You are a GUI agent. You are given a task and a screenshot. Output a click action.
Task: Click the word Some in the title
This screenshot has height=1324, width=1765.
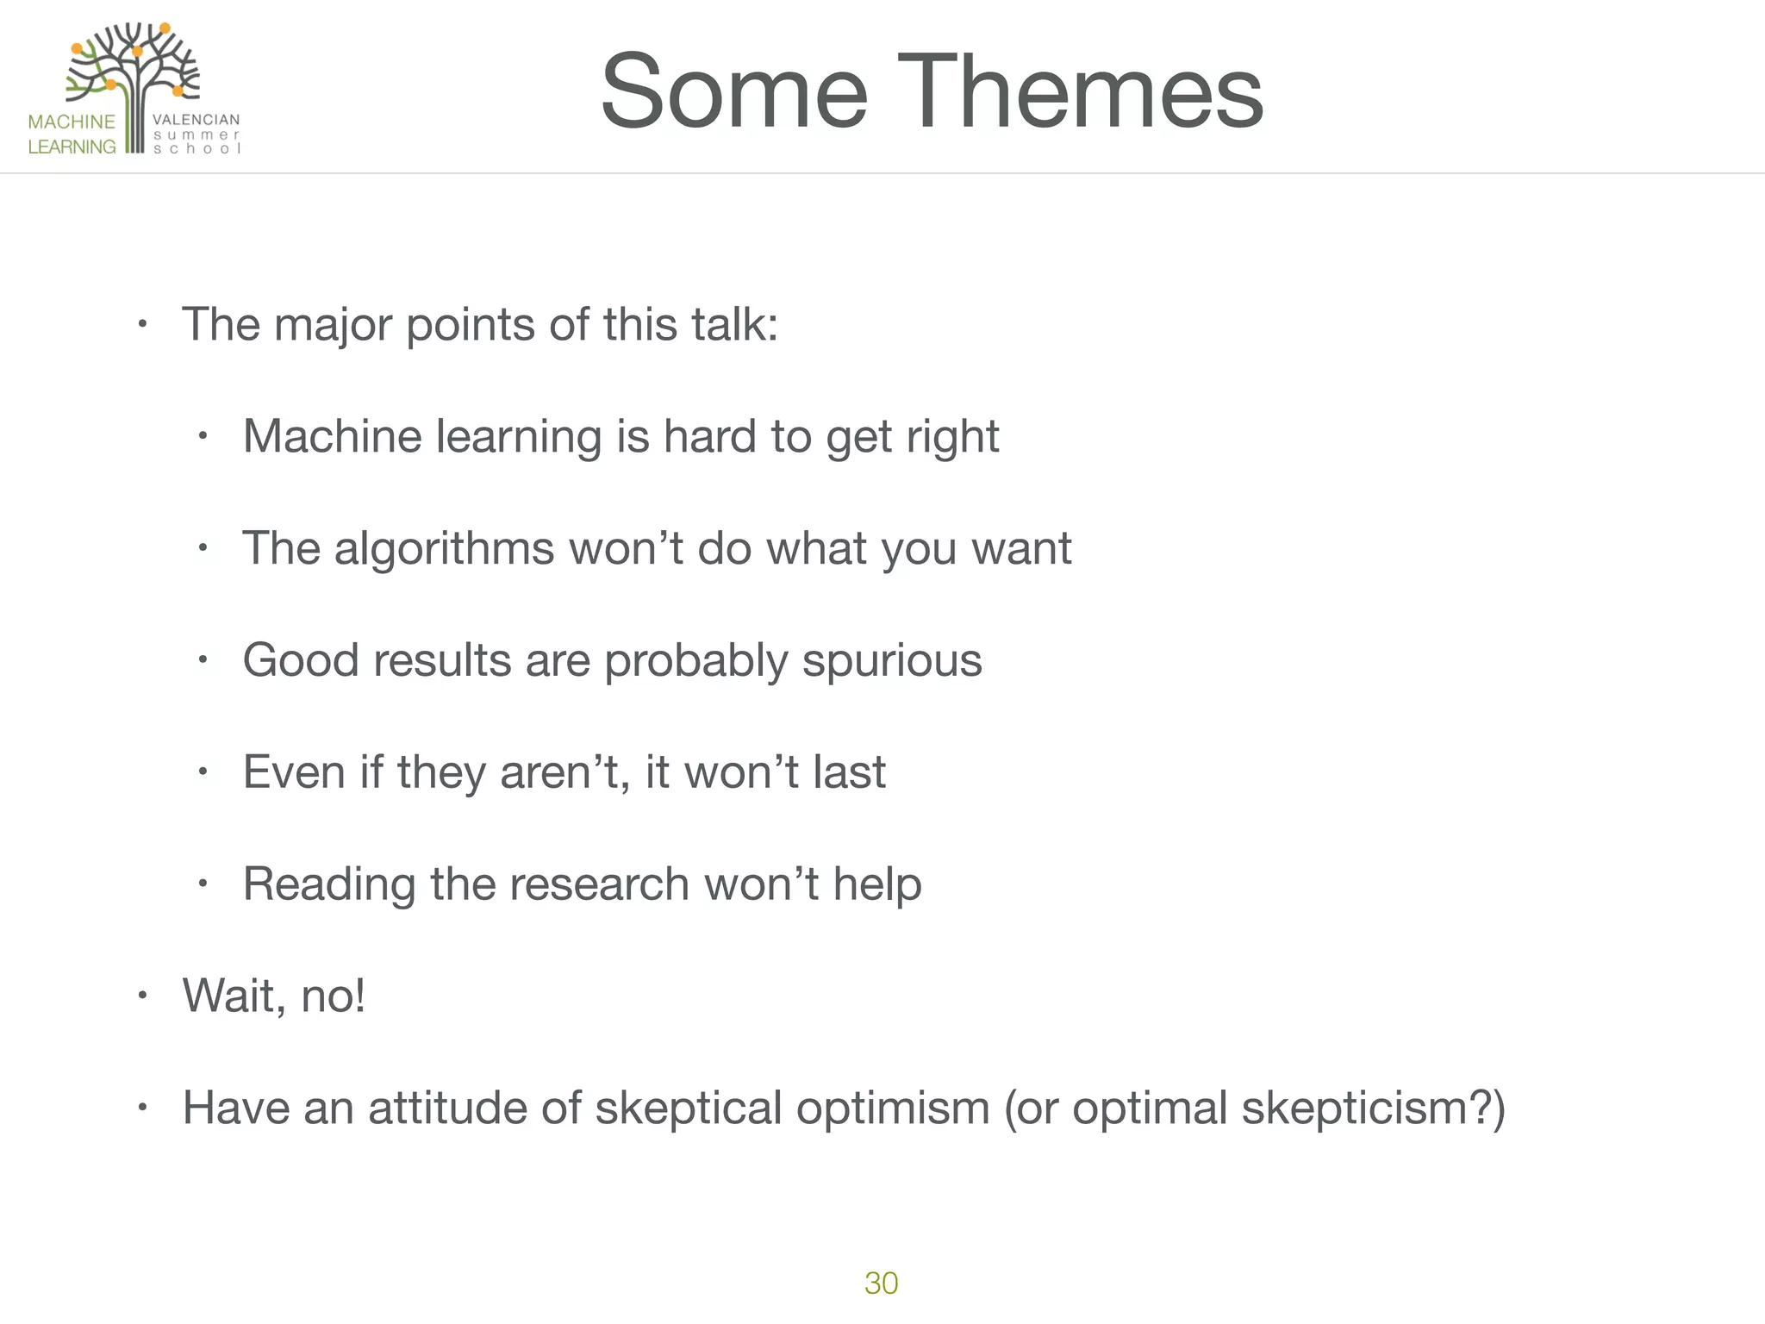[x=733, y=91]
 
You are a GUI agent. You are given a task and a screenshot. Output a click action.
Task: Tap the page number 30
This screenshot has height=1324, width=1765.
[x=881, y=1283]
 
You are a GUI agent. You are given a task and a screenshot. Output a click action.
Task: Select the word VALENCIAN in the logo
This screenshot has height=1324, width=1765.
[x=196, y=120]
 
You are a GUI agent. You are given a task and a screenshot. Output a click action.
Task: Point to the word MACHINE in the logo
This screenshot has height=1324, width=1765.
[x=72, y=122]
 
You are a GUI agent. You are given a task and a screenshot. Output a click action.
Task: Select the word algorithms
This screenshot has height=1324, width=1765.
[x=444, y=548]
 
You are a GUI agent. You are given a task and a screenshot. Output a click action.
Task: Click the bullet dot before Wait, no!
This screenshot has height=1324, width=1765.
[x=143, y=996]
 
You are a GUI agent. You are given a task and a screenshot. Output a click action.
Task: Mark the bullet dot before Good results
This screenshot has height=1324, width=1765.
[x=203, y=660]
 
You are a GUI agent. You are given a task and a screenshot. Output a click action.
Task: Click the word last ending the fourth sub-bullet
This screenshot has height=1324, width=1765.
[x=849, y=772]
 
